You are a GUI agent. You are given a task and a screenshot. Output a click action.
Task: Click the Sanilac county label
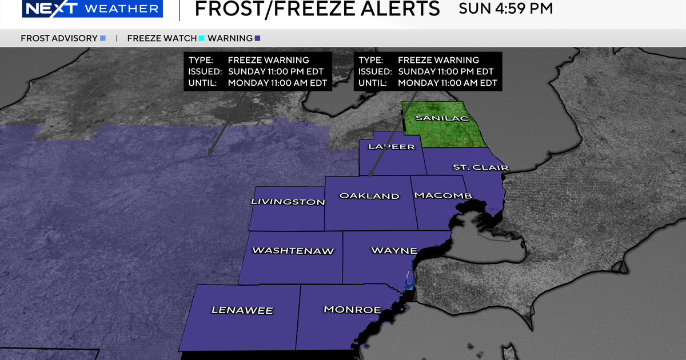[442, 118]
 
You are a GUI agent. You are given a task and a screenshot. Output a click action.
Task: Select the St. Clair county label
[472, 167]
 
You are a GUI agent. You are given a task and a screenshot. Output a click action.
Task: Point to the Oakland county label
[369, 196]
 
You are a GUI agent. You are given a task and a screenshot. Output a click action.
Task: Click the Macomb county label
[443, 195]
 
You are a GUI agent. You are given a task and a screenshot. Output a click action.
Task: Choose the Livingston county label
[288, 202]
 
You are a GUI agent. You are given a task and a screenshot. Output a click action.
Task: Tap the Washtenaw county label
[293, 250]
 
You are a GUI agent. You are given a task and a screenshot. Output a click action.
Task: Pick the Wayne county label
[394, 250]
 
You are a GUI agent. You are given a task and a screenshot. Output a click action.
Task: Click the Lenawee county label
[242, 310]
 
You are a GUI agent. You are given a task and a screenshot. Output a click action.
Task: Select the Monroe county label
[352, 309]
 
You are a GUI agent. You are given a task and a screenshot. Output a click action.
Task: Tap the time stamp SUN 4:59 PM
[505, 9]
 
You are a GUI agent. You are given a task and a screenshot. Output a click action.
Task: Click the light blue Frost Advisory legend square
[103, 38]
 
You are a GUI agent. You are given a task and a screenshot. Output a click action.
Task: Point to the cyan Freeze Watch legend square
[201, 38]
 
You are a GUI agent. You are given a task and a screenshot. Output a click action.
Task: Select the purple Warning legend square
[258, 38]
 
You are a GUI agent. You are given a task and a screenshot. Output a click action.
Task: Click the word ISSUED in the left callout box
[204, 71]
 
